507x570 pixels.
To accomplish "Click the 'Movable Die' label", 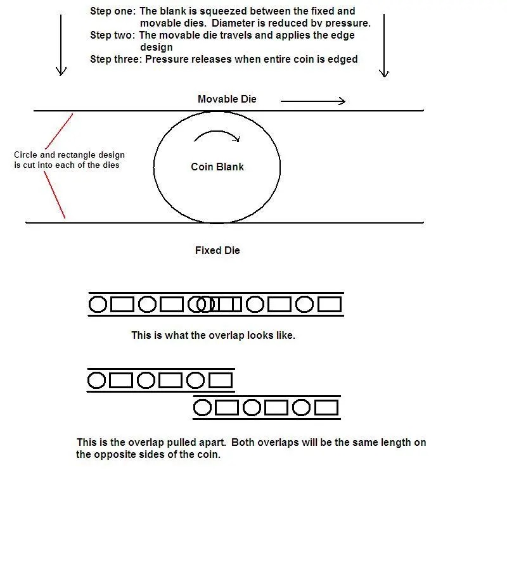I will (227, 99).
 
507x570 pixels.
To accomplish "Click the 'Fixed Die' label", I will (217, 251).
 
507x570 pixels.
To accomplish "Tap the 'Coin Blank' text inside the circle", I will (217, 167).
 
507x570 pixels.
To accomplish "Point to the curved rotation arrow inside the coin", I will (217, 136).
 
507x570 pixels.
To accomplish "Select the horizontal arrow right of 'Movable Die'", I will (312, 101).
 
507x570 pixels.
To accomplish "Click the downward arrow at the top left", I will (61, 44).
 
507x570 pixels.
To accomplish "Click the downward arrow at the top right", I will (383, 44).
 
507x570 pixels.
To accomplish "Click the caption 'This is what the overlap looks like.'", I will (213, 335).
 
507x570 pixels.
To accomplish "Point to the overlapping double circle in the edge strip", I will (202, 305).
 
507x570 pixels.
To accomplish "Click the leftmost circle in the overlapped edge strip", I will (98, 305).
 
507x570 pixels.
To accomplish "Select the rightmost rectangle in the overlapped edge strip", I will (329, 305).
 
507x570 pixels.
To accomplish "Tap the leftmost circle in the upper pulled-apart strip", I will (96, 380).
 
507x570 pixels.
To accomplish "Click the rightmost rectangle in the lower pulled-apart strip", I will (326, 407).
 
